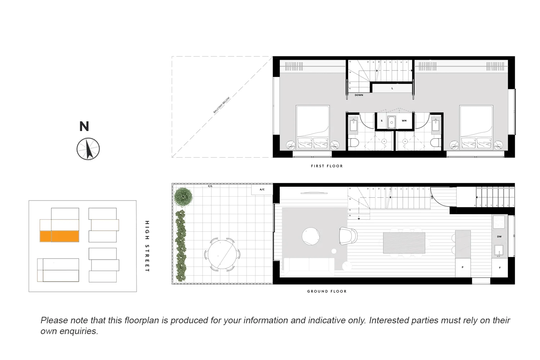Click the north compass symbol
coord(88,149)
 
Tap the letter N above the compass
coord(84,126)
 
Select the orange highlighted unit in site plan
coord(59,236)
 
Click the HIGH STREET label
coord(147,246)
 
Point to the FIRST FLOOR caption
coord(327,166)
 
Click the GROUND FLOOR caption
coord(327,291)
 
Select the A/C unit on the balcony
coord(262,189)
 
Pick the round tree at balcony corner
coord(183,197)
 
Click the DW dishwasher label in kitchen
coord(499,237)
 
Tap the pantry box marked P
coord(463,268)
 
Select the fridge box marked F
coord(500,268)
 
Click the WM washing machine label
coord(404,121)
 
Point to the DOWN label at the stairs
coord(359,95)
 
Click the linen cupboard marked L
coord(392,88)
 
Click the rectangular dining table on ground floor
coord(404,243)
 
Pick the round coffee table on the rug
coord(310,236)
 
